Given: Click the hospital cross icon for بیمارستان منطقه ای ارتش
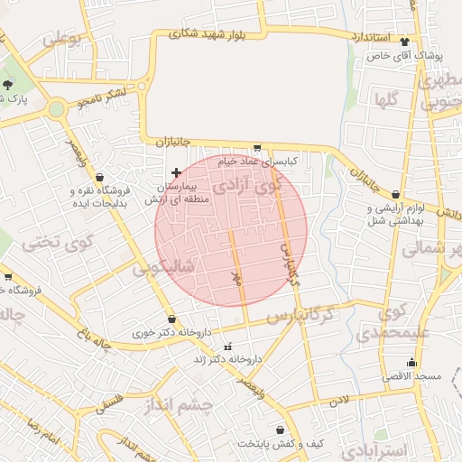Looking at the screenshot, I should (176, 171).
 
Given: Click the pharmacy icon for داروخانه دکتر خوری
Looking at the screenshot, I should (171, 319).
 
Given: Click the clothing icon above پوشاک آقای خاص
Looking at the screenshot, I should (403, 42).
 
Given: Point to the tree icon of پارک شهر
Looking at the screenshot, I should (8, 84).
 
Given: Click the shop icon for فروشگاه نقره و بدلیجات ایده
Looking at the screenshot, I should (98, 177).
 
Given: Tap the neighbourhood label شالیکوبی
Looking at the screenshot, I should (163, 268).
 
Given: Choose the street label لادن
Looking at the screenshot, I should (338, 399).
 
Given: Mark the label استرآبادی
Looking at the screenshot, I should (383, 449).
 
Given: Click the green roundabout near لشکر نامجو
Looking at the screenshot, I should (58, 109).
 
